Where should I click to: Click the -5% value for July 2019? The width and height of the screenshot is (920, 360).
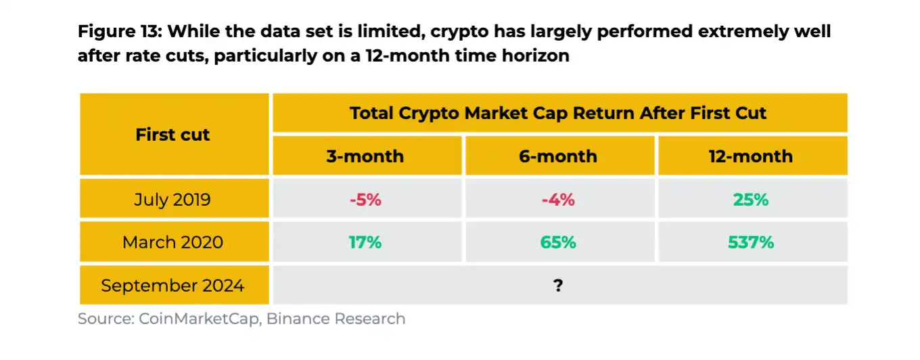click(x=365, y=200)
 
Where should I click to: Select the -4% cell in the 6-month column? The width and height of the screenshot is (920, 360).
click(x=558, y=200)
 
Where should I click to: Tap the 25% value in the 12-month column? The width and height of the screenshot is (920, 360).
click(x=751, y=200)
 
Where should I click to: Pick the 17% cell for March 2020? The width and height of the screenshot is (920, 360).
click(x=365, y=242)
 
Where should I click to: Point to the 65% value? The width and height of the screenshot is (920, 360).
click(x=558, y=242)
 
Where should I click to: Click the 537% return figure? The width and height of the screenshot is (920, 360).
click(x=751, y=242)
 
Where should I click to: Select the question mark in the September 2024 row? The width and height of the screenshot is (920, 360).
click(x=558, y=286)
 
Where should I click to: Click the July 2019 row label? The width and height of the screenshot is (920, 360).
click(x=172, y=200)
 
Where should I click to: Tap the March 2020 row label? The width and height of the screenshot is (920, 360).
click(x=172, y=242)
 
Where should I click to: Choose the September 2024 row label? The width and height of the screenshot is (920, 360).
click(x=172, y=286)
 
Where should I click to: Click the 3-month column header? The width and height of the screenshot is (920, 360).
click(x=365, y=156)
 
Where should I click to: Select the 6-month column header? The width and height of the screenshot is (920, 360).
click(x=558, y=156)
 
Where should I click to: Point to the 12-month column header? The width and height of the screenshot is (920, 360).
click(x=751, y=156)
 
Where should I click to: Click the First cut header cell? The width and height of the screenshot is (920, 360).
click(x=172, y=135)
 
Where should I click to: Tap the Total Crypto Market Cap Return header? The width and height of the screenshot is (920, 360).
click(x=558, y=113)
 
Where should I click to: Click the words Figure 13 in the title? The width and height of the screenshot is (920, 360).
click(x=119, y=32)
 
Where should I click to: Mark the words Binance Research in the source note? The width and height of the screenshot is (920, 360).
click(x=336, y=319)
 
